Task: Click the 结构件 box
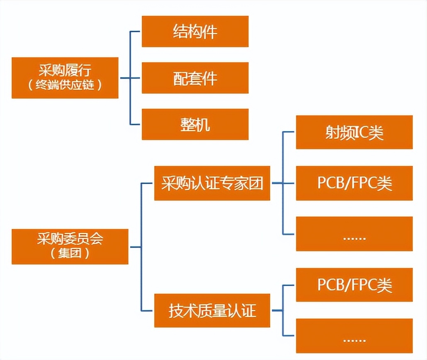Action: (x=195, y=32)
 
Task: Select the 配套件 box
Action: (x=195, y=78)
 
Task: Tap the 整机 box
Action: (x=195, y=124)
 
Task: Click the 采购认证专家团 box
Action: (x=212, y=183)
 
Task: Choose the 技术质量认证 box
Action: (x=212, y=310)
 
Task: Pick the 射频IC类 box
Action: (x=354, y=132)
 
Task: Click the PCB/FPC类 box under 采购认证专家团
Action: (x=354, y=183)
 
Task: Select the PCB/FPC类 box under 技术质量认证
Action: (x=354, y=285)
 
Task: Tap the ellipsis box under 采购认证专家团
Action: (x=354, y=234)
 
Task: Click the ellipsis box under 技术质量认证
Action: (x=354, y=336)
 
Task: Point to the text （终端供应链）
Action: (x=65, y=85)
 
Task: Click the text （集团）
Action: (x=70, y=253)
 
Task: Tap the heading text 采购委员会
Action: (x=70, y=239)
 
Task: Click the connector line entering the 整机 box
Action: (x=136, y=124)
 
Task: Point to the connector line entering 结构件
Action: (x=136, y=32)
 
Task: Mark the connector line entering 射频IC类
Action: (x=289, y=132)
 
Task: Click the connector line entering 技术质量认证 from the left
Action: (x=148, y=310)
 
